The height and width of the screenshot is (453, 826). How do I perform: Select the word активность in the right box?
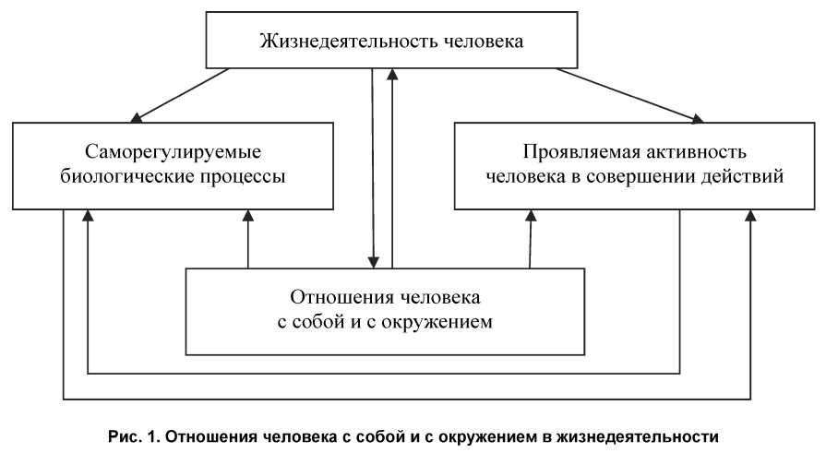coord(681,151)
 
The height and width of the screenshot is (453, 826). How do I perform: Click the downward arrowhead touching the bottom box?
coord(374,260)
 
